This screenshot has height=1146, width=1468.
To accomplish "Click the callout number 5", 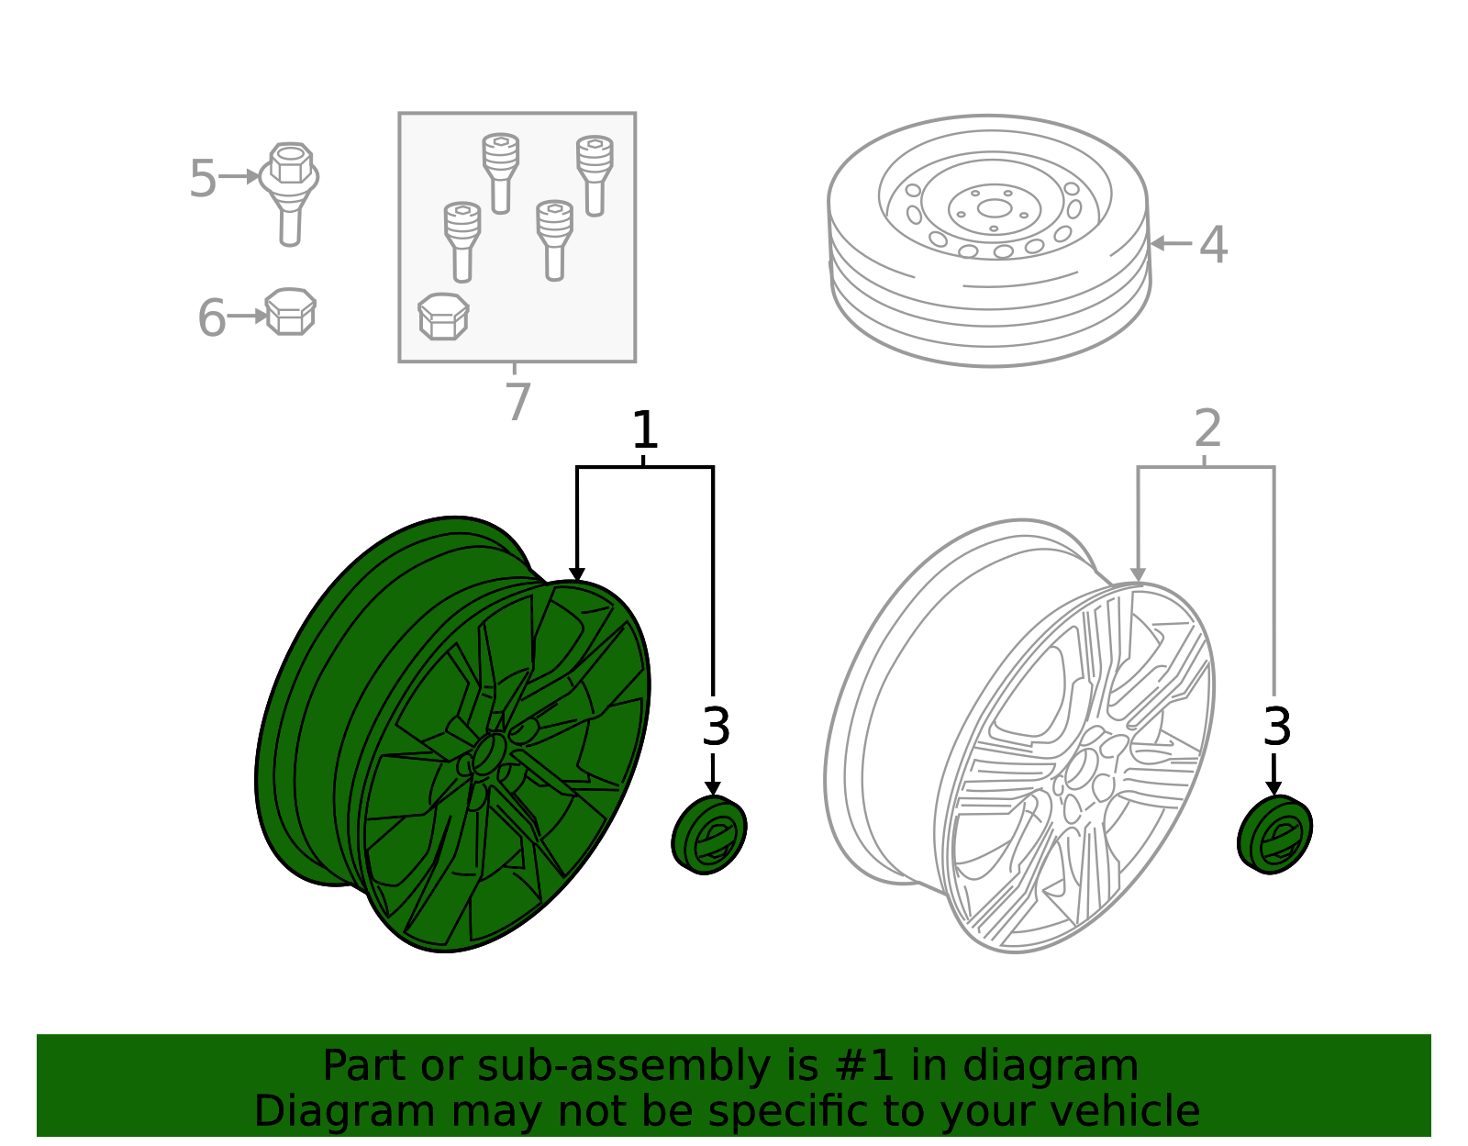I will pyautogui.click(x=202, y=178).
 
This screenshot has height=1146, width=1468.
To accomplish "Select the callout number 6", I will pyautogui.click(x=211, y=318).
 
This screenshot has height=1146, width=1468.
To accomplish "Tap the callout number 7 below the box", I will pyautogui.click(x=517, y=402).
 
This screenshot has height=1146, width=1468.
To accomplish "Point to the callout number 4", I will pyautogui.click(x=1213, y=245).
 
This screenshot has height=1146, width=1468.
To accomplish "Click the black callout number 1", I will pyautogui.click(x=645, y=430).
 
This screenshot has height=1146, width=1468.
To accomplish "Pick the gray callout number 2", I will pyautogui.click(x=1207, y=428).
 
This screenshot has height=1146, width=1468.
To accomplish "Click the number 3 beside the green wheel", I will pyautogui.click(x=716, y=728).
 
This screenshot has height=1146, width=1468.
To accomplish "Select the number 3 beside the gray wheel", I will pyautogui.click(x=1276, y=728).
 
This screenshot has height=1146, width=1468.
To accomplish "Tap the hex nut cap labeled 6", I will pyautogui.click(x=290, y=312).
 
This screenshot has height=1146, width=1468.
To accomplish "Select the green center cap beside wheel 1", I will pyautogui.click(x=709, y=835).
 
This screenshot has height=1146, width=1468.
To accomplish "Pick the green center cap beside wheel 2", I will pyautogui.click(x=1274, y=835).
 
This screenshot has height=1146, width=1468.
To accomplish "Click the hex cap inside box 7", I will pyautogui.click(x=443, y=317).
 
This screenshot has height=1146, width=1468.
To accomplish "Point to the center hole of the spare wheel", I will pyautogui.click(x=994, y=207).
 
